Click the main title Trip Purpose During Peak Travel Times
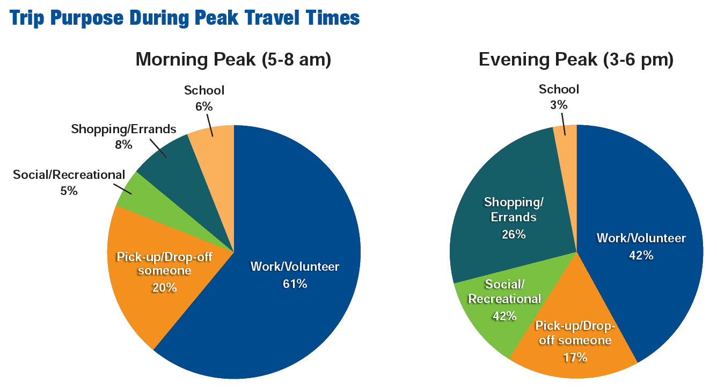tap(185, 18)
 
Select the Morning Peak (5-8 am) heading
tap(233, 59)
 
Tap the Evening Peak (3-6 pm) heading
tap(576, 59)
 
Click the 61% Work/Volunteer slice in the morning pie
tap(301, 226)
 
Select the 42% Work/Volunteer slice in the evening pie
tap(644, 204)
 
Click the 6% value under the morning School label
tap(204, 106)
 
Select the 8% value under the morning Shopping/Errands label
tap(123, 145)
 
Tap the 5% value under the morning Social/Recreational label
tap(69, 190)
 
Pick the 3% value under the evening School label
tap(559, 105)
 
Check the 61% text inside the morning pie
tap(295, 284)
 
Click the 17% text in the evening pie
tap(574, 357)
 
